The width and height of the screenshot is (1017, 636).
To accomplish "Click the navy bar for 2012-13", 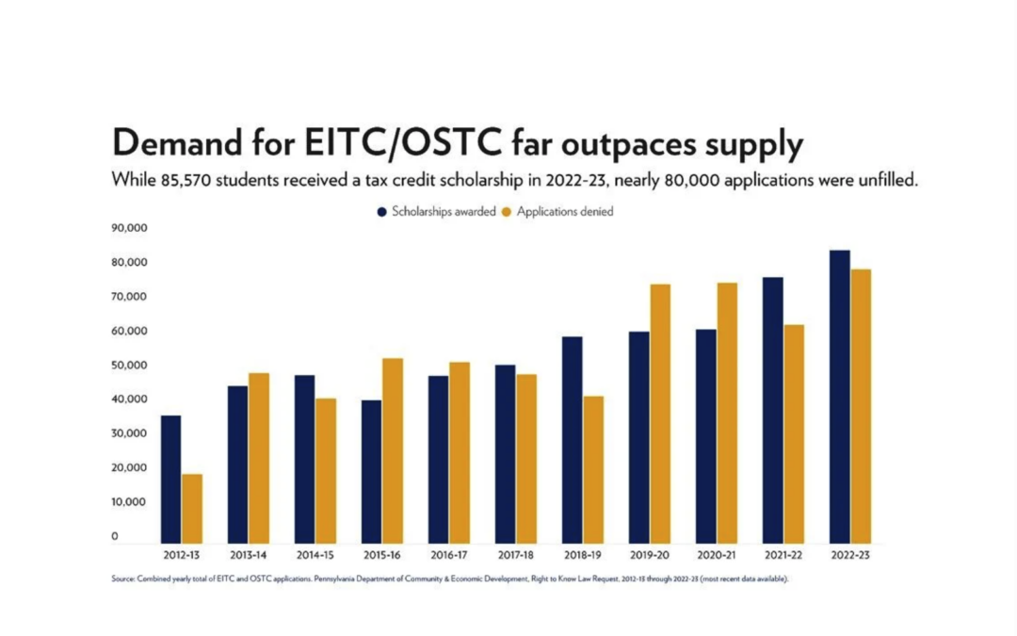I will coord(170,479).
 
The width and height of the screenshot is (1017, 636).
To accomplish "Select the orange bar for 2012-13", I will coord(192,508).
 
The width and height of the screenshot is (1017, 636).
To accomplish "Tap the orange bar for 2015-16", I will coord(393,450).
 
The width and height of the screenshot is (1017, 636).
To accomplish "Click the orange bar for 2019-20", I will coord(660,414).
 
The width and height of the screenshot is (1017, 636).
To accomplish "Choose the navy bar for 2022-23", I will coord(839,397).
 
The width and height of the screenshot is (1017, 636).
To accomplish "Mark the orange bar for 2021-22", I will coord(794,433).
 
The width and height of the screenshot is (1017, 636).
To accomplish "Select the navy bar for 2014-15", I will coord(304,459).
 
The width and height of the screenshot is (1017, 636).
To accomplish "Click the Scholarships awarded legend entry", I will coord(436,212).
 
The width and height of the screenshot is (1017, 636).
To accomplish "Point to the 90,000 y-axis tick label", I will coord(129,228).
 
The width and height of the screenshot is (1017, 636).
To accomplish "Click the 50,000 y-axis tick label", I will coord(129,366).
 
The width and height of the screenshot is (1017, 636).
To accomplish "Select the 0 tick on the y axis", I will coord(116,536).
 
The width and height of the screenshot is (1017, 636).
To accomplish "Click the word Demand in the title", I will coord(183,144).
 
